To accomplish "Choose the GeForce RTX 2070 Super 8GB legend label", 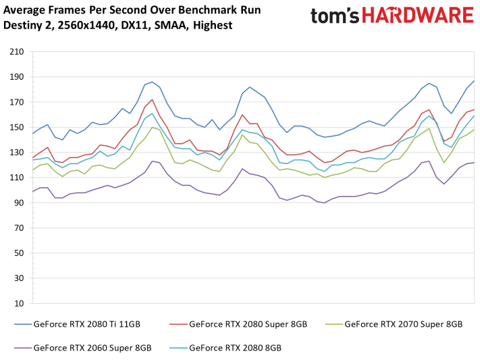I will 404,324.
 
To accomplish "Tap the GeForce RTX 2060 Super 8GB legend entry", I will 92,348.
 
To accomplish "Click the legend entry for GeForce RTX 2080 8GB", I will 235,348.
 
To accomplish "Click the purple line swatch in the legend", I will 22,349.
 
